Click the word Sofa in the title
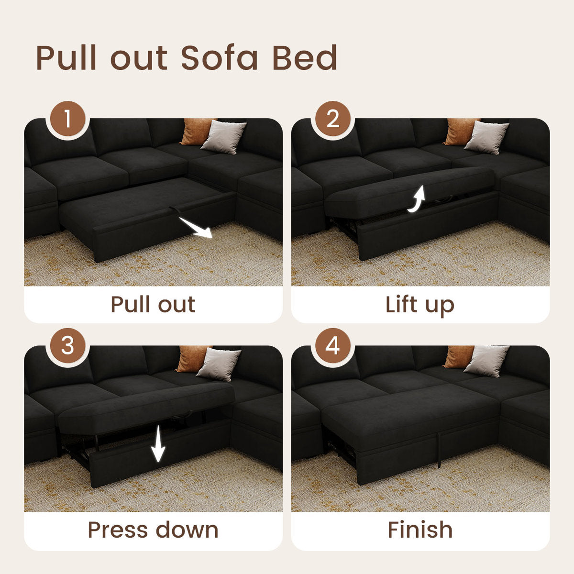[220, 58]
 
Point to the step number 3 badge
[67, 345]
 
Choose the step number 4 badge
[333, 345]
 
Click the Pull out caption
[153, 304]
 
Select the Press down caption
[153, 530]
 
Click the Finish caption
[420, 530]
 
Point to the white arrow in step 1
[196, 228]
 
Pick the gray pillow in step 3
[219, 364]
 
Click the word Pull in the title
[67, 58]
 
